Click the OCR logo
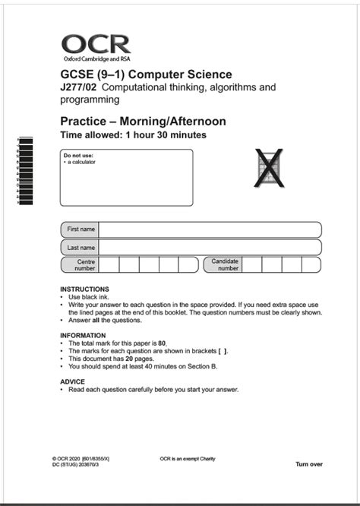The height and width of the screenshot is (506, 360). [x=96, y=46]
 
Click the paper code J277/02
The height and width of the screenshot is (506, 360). [x=78, y=87]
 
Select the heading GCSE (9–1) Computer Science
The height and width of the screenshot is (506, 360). [x=146, y=74]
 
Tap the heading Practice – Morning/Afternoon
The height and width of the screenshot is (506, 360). [x=143, y=122]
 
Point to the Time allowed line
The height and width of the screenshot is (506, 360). [x=133, y=135]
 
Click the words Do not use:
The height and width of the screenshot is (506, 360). [x=79, y=156]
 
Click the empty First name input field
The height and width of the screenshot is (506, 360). [x=210, y=229]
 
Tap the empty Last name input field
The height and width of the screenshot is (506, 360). [x=210, y=247]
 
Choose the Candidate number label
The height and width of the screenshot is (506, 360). [x=225, y=264]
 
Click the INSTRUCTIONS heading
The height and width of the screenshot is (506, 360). [x=84, y=289]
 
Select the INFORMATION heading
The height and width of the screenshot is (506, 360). [x=83, y=335]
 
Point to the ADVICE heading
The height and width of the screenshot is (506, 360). [x=72, y=381]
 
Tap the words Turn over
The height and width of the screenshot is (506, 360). [x=309, y=463]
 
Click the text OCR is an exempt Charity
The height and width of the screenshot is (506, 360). [x=188, y=459]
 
